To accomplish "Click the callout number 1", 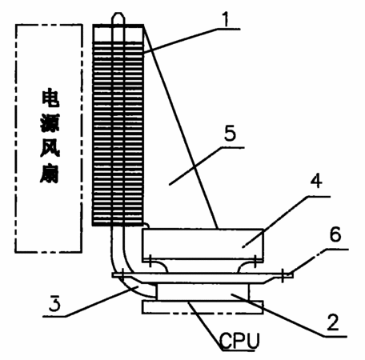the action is (x=227, y=19).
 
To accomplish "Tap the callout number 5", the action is (x=230, y=134).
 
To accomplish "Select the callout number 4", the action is (x=316, y=181).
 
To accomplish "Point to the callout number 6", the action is (x=335, y=234).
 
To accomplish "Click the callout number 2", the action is (x=333, y=322).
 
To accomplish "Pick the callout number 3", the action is (x=54, y=304).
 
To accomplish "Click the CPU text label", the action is (x=239, y=341).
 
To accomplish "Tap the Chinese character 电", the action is (x=50, y=99).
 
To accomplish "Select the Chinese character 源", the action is (x=50, y=123).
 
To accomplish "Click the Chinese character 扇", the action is (x=50, y=174).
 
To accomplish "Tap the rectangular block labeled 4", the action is (x=203, y=244).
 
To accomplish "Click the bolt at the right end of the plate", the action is (x=283, y=275).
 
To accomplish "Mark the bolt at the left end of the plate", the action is (x=122, y=274).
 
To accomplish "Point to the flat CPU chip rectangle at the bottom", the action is (x=203, y=307).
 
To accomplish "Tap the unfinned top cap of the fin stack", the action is (x=118, y=33).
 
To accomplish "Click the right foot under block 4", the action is (x=247, y=266).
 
